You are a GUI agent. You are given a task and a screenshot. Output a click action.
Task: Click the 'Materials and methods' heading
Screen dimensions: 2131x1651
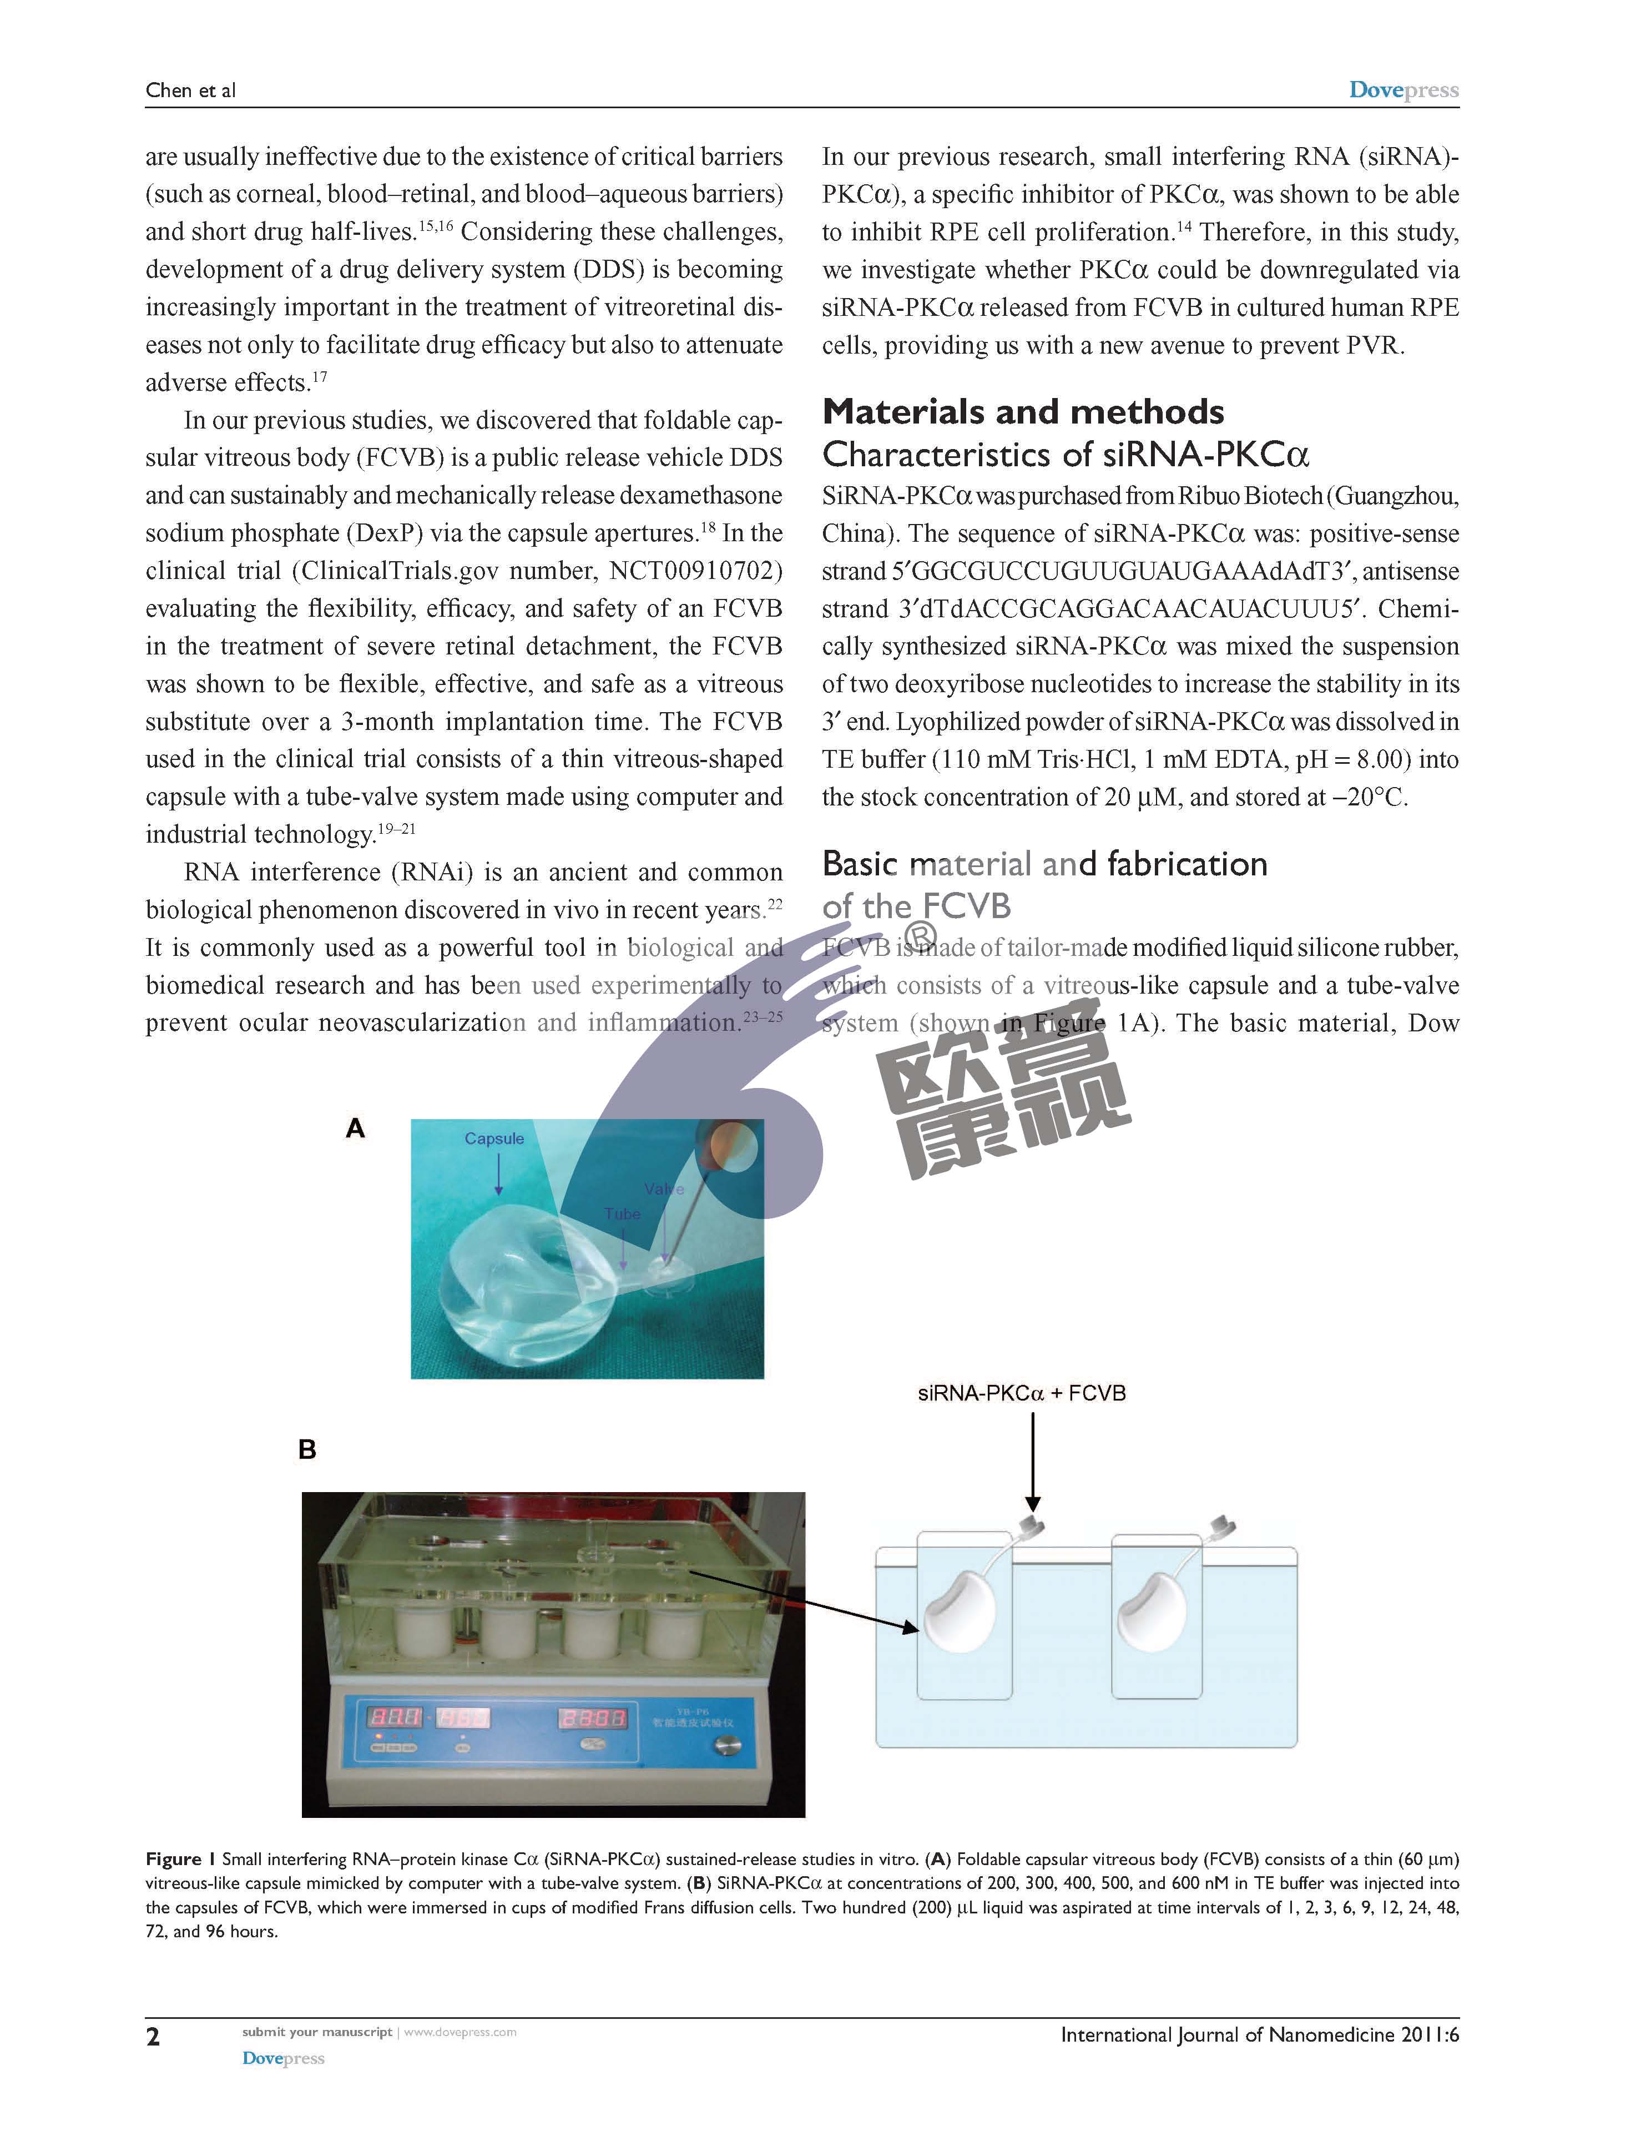1023,412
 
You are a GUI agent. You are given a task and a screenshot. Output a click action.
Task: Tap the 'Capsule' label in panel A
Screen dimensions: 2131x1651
494,1138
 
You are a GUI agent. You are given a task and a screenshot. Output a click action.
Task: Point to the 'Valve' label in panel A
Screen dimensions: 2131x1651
664,1190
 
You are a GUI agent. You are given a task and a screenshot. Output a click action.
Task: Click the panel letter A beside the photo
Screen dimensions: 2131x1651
355,1129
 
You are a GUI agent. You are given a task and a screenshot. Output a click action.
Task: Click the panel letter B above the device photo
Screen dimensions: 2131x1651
307,1450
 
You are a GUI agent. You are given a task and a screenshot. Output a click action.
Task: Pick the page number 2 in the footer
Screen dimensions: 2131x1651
153,2037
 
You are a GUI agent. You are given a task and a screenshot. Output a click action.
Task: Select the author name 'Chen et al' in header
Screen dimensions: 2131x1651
190,90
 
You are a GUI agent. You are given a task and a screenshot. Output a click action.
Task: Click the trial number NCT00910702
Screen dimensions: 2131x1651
696,571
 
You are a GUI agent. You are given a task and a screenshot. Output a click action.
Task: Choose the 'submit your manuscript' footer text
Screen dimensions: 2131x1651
317,2032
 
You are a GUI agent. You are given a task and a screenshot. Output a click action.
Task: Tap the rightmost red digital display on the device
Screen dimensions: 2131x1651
592,1717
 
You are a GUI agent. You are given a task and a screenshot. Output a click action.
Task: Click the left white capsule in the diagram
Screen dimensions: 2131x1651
958,1612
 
